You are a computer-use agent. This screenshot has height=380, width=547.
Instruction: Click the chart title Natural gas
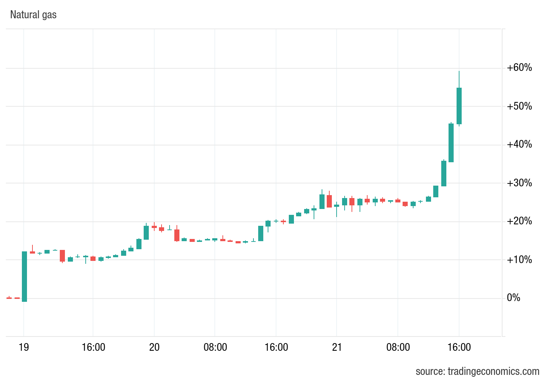33,15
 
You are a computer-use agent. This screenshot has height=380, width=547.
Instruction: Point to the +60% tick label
519,68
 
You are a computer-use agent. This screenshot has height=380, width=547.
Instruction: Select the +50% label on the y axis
519,106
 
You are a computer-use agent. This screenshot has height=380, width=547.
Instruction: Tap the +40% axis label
519,145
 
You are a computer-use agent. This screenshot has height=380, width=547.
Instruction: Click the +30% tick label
519,183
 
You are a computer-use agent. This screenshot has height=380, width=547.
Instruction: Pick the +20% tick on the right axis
519,221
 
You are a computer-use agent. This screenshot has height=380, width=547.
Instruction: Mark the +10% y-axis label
519,260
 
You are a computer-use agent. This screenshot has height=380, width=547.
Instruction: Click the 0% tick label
513,298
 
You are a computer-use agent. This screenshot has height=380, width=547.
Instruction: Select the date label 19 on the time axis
24,347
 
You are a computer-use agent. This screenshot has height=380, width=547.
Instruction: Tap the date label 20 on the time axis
154,347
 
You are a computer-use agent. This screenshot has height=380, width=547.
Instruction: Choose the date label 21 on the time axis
337,347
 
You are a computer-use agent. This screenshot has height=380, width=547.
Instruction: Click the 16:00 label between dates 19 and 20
93,347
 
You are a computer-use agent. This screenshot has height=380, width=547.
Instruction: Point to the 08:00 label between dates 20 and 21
215,347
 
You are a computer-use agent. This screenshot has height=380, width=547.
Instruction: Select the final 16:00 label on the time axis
459,347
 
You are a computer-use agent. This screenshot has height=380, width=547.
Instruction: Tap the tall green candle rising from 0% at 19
24,276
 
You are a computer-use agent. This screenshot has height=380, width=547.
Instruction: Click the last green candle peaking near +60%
459,106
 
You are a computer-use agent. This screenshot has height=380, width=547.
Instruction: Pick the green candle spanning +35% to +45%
451,143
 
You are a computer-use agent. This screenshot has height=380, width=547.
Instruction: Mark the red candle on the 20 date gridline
154,227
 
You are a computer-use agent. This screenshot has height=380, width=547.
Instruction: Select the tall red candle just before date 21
329,201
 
